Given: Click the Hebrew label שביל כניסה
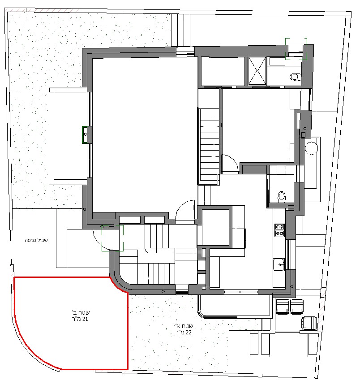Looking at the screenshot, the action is click(36, 240).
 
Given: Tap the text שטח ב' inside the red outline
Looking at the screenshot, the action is click(81, 312).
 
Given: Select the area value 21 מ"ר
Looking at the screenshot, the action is click(78, 319).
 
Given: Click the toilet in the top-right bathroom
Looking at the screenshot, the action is click(296, 77).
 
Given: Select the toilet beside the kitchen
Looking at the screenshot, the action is click(282, 197).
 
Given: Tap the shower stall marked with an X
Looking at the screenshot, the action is click(257, 71).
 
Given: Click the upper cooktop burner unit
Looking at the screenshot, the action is click(279, 227).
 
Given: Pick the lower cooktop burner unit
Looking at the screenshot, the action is click(279, 233).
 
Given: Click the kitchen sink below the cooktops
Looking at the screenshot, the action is click(279, 264).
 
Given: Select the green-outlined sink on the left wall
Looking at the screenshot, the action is click(85, 134).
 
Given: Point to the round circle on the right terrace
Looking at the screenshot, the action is click(312, 148).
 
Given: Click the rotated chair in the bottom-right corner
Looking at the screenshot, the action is click(309, 323).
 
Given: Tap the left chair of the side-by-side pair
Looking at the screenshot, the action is click(283, 307).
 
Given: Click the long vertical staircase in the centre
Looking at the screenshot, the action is click(210, 145).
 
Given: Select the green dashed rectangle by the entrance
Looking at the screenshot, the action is click(112, 238).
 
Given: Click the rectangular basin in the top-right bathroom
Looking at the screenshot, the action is click(277, 61).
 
